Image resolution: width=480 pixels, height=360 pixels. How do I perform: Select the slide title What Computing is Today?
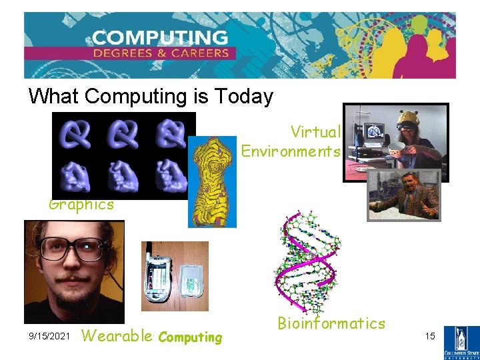(151, 97)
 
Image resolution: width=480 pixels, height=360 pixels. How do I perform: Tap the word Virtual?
(315, 132)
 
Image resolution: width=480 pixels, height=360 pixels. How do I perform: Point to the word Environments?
(291, 151)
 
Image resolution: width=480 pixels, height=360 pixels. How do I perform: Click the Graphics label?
(81, 205)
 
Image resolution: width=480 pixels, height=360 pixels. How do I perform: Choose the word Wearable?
(117, 336)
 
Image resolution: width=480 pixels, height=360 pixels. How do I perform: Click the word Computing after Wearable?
(190, 337)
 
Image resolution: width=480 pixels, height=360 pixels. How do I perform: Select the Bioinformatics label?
(331, 324)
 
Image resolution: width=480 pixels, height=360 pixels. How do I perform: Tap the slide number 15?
(430, 337)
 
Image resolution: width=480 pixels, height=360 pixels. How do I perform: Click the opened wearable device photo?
(175, 276)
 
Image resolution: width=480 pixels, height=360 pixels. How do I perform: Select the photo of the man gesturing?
(404, 195)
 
